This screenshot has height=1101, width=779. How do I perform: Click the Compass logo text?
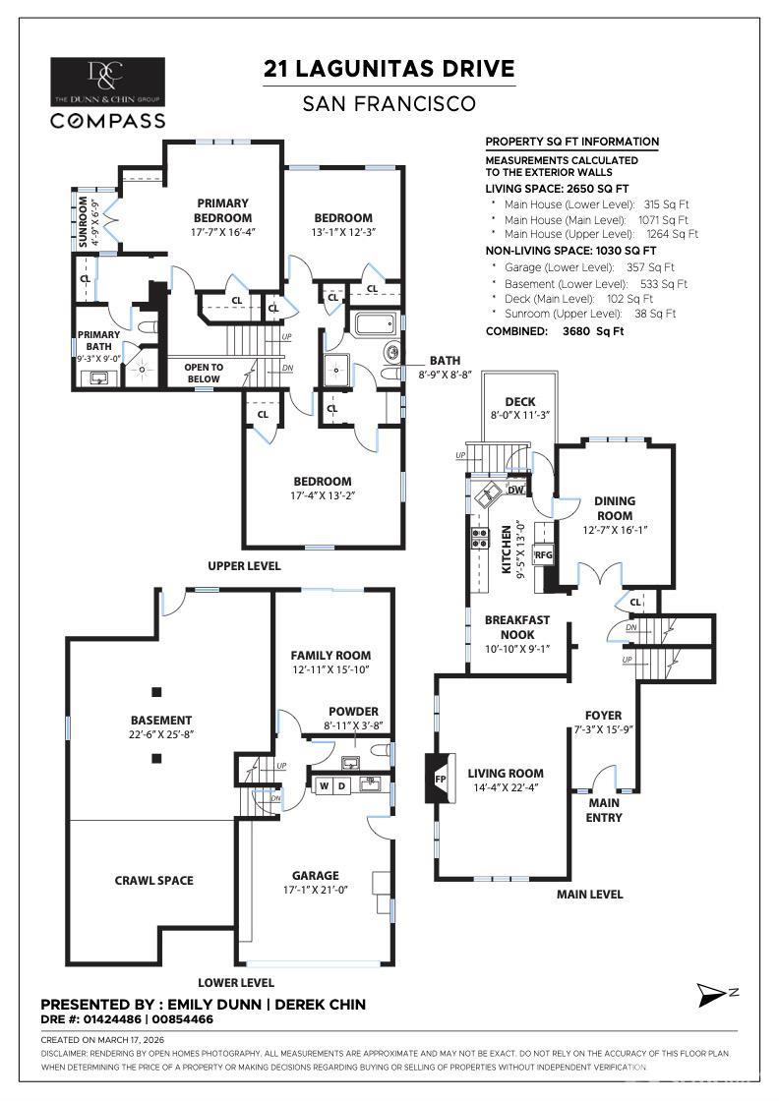tap(108, 120)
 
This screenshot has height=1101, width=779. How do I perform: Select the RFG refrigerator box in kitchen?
tap(544, 555)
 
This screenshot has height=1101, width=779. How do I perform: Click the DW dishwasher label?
tap(516, 490)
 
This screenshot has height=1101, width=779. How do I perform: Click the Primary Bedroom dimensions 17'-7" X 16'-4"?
tap(222, 232)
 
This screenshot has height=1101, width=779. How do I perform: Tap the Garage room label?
tap(315, 875)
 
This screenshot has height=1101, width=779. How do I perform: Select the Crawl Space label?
tap(154, 880)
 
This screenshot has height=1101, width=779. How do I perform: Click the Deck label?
tap(519, 402)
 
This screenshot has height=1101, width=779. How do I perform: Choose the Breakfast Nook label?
tap(516, 627)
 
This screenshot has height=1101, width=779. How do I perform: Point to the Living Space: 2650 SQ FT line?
tap(557, 188)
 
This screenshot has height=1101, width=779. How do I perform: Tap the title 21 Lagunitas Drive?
tap(389, 69)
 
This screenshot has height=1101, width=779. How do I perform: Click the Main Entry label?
tap(604, 810)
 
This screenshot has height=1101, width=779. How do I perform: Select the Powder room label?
tap(354, 712)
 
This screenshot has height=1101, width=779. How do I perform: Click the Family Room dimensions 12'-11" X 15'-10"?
tap(330, 669)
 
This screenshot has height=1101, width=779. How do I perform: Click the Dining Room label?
tap(615, 507)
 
